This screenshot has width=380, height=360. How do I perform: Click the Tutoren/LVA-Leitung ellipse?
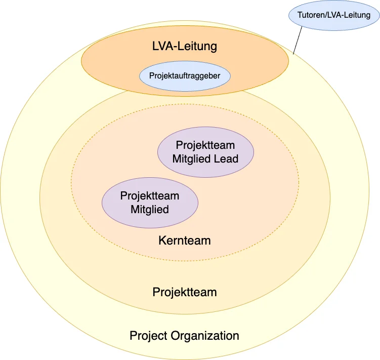(x=333, y=15)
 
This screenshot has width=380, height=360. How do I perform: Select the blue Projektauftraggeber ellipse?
(x=185, y=76)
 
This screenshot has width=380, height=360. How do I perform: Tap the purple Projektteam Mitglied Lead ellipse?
(x=205, y=152)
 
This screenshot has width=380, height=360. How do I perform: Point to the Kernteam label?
(x=184, y=240)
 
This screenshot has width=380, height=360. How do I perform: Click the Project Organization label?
(x=184, y=335)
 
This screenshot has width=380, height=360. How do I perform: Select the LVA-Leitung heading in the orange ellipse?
(x=185, y=47)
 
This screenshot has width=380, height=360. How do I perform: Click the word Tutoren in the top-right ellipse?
(x=311, y=15)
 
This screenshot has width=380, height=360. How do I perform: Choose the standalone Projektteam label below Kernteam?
(x=184, y=292)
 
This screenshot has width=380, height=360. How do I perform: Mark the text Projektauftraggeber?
(x=185, y=76)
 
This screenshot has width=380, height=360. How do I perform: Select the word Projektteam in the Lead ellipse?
(x=205, y=146)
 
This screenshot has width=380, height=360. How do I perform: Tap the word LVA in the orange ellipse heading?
(x=163, y=47)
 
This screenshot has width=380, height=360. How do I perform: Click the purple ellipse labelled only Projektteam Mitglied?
(x=150, y=202)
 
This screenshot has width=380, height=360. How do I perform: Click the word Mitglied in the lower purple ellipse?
(x=150, y=209)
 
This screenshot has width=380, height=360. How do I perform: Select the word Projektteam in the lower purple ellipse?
(x=150, y=195)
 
